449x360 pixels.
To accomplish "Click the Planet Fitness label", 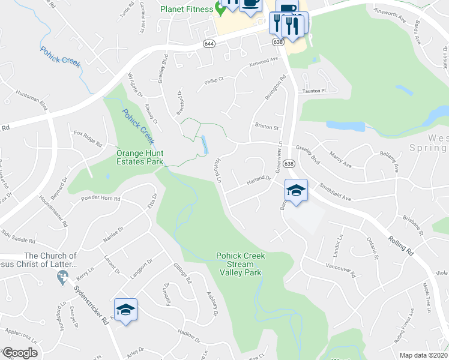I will [x=187, y=9].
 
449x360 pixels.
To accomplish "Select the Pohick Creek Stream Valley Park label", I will [x=240, y=264].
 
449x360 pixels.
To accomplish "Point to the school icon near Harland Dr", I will [x=296, y=191].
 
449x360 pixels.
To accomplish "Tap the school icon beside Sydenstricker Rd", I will [x=125, y=310].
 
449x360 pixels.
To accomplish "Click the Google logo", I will [x=20, y=353].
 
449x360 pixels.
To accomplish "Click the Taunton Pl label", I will [x=313, y=91].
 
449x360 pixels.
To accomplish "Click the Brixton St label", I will [x=267, y=127].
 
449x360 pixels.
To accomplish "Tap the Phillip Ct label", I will [x=213, y=79].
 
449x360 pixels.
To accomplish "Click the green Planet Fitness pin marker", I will [x=220, y=9].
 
